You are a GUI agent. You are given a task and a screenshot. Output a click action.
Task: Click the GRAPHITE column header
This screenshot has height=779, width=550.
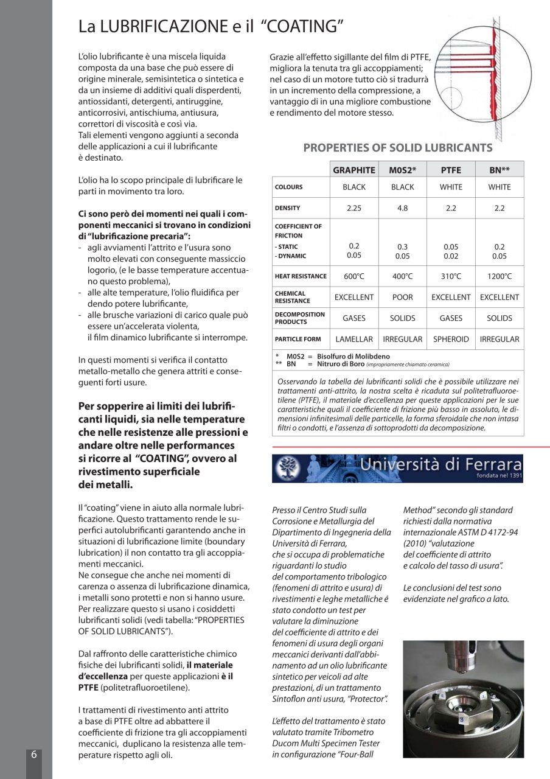(x=354, y=170)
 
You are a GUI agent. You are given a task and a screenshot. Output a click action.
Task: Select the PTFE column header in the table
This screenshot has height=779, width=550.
(x=451, y=170)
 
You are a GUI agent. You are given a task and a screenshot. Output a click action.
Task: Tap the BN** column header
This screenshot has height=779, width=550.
(x=499, y=170)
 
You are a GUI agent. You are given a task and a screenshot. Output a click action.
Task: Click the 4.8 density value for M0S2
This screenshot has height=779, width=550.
(x=402, y=208)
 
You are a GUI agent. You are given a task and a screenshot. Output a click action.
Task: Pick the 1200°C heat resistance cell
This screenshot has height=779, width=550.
(x=499, y=276)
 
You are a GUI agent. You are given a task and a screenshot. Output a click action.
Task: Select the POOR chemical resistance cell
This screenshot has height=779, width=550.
(x=402, y=297)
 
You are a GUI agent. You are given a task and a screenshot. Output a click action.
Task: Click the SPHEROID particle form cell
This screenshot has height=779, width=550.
(x=451, y=339)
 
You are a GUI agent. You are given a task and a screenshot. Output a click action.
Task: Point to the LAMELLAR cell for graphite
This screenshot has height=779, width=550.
(x=354, y=339)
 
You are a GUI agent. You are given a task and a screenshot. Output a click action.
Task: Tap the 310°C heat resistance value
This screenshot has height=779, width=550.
(x=451, y=276)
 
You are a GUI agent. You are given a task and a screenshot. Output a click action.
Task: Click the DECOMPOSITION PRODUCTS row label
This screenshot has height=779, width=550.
(x=300, y=318)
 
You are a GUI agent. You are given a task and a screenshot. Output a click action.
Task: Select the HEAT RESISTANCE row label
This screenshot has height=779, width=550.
(x=301, y=276)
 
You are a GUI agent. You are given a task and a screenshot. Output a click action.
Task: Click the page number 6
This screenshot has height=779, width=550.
(x=34, y=754)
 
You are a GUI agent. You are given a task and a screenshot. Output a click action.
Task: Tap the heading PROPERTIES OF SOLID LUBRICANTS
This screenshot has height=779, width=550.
(x=398, y=147)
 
